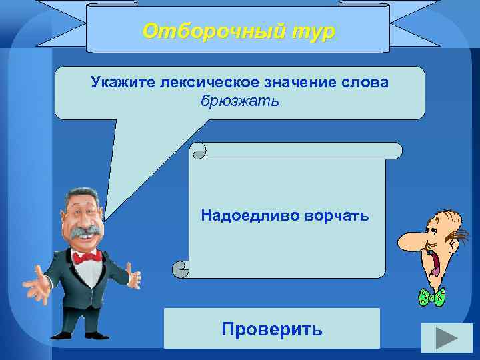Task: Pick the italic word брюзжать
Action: click(x=239, y=101)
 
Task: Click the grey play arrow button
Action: click(x=439, y=339)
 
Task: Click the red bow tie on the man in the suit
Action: click(x=87, y=256)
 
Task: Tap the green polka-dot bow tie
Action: click(x=431, y=297)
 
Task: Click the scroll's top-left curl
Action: click(x=199, y=151)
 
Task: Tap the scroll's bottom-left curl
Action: click(x=180, y=269)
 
